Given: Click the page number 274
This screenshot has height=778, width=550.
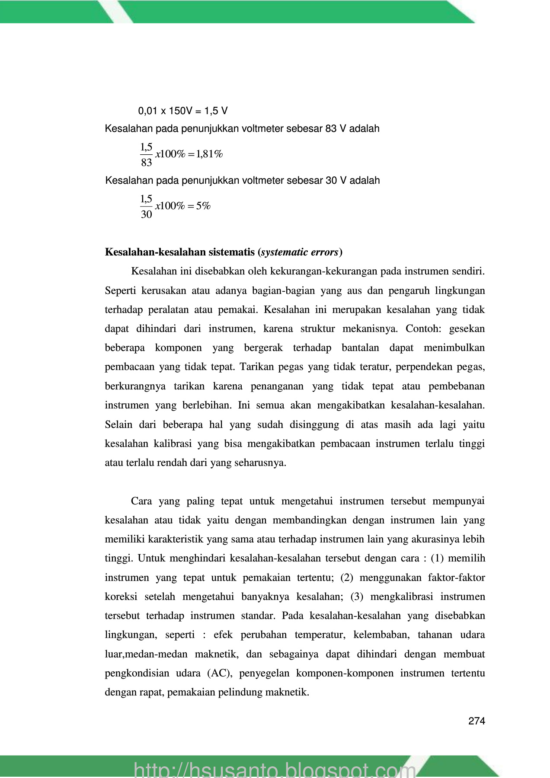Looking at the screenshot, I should point(476,721).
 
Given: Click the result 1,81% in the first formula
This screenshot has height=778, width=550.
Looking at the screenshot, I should point(209,154).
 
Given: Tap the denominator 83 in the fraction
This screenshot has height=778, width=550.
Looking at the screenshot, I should point(147,163).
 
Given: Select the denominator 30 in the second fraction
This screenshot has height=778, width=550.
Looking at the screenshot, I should point(147,214).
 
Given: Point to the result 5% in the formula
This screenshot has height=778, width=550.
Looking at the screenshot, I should point(203,206).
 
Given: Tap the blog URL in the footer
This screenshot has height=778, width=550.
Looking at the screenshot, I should point(275,769).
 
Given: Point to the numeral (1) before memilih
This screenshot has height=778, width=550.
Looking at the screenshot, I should point(437,558).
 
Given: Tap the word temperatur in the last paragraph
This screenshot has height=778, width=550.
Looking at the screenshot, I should point(320,635).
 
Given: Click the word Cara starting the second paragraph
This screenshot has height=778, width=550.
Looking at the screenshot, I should point(141,501).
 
